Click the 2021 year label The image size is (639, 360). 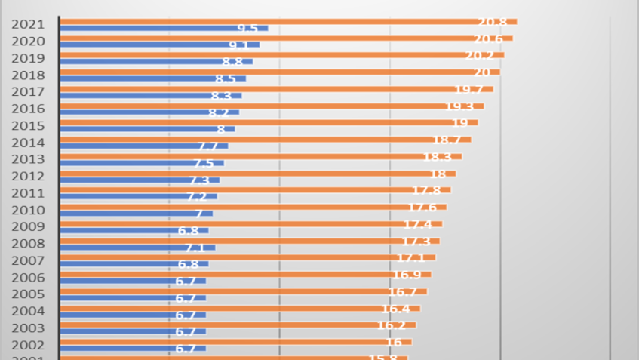click(27, 25)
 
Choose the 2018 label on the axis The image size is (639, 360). click(27, 75)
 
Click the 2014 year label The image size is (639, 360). click(27, 143)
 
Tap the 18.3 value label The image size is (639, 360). click(438, 156)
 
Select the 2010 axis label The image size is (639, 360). click(27, 211)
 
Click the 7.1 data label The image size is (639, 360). click(195, 248)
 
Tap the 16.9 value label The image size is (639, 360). click(407, 275)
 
